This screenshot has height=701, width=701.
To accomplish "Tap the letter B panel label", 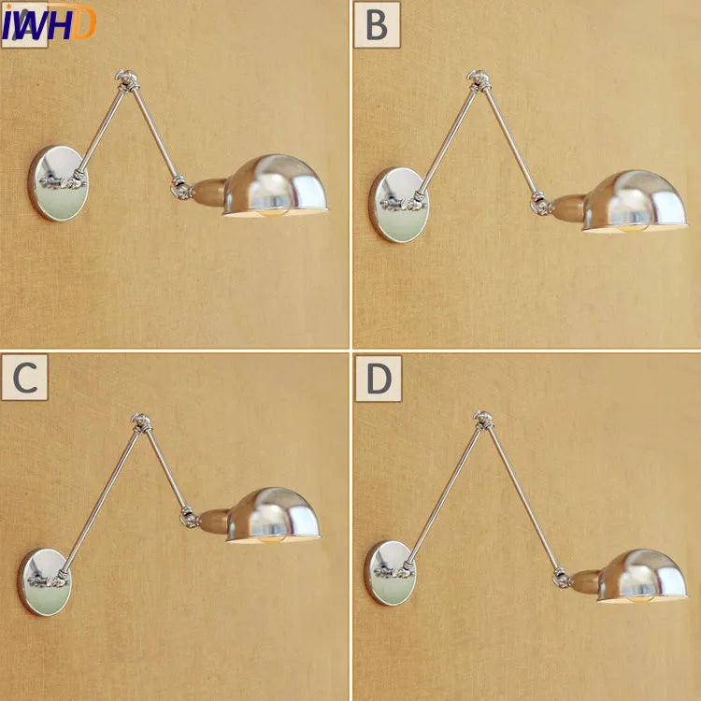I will pos(376,25).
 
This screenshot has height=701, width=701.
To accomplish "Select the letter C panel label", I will pos(24,379).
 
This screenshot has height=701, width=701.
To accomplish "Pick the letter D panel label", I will pos(377,379).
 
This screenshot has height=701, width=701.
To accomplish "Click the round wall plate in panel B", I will pos(399,204).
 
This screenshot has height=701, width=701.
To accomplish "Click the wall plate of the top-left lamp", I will pos(56,182).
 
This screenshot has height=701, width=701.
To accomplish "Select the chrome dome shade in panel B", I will pos(635,200).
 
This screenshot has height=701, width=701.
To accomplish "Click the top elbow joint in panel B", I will pos(479,80).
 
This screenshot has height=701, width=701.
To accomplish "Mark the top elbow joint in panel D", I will pos(483,420).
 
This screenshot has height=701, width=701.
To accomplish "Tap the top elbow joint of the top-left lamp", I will pos(123,79).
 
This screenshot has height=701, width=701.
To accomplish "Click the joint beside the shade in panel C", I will pos(189,514).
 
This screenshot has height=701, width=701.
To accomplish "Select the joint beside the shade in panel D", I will pos(562,579).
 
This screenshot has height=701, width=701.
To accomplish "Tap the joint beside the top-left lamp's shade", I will pos(178,188).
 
